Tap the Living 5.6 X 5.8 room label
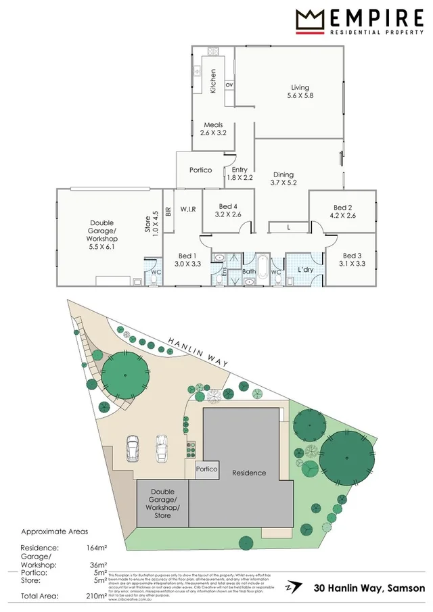coord(300,91)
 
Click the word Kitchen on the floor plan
coord(212,81)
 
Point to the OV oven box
coord(229,85)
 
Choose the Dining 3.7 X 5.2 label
coord(283,177)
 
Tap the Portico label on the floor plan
coord(201,170)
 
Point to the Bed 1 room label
coord(187,260)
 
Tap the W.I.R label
coord(188,210)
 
